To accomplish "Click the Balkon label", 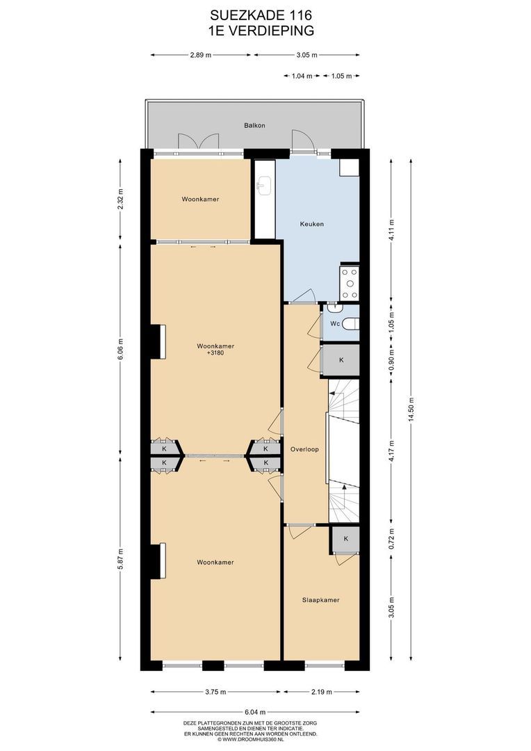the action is coord(254,125).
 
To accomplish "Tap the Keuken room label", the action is coord(311,224).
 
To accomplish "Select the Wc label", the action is coord(335,324).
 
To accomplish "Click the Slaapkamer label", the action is coord(321,599).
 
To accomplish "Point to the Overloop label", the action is coord(304,449).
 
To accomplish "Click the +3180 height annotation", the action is coord(215,353).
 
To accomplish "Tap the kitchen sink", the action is coord(264,186).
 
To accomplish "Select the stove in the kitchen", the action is coord(349,282).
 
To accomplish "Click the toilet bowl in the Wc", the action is coord(351,324).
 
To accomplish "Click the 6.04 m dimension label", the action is coord(255,712).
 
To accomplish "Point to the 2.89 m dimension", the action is coord(201,55).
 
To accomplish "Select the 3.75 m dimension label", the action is coord(215,692).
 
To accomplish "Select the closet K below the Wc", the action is coord(341,360).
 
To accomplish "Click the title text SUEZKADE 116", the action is coord(261,16).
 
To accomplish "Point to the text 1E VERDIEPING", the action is coord(261,31).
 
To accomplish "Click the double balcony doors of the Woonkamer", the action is coord(198,142).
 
